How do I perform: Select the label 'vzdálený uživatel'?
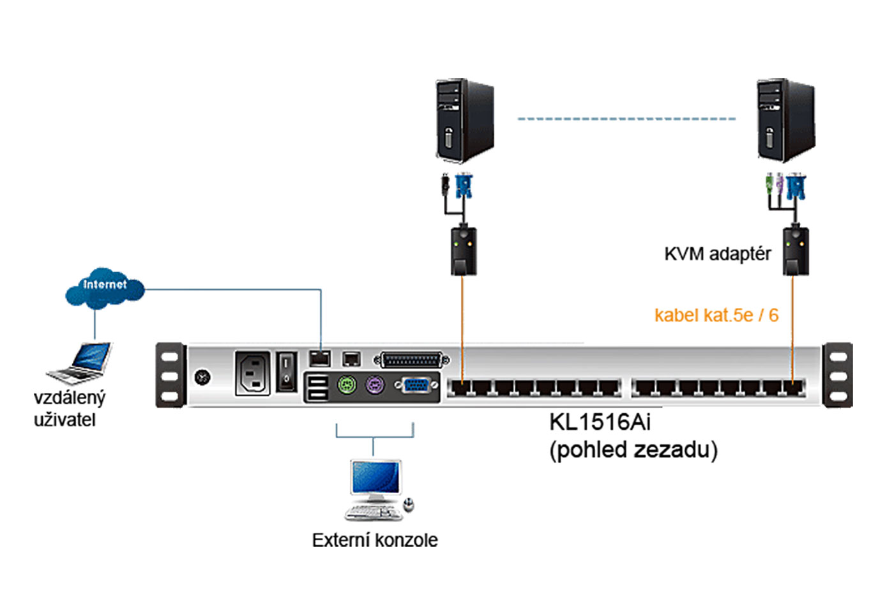point(68,408)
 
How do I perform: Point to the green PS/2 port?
point(346,385)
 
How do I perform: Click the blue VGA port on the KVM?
point(416,385)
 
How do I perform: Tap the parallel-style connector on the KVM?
point(411,360)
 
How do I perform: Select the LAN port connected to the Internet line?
point(319,358)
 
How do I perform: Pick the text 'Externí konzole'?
point(375,540)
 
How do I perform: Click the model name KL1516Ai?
point(600,422)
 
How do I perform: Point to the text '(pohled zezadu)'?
point(633,450)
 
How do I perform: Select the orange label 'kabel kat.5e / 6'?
point(716,315)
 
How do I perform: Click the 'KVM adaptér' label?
point(717,254)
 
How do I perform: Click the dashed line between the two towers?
point(626,119)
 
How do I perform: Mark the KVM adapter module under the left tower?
point(464,250)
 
